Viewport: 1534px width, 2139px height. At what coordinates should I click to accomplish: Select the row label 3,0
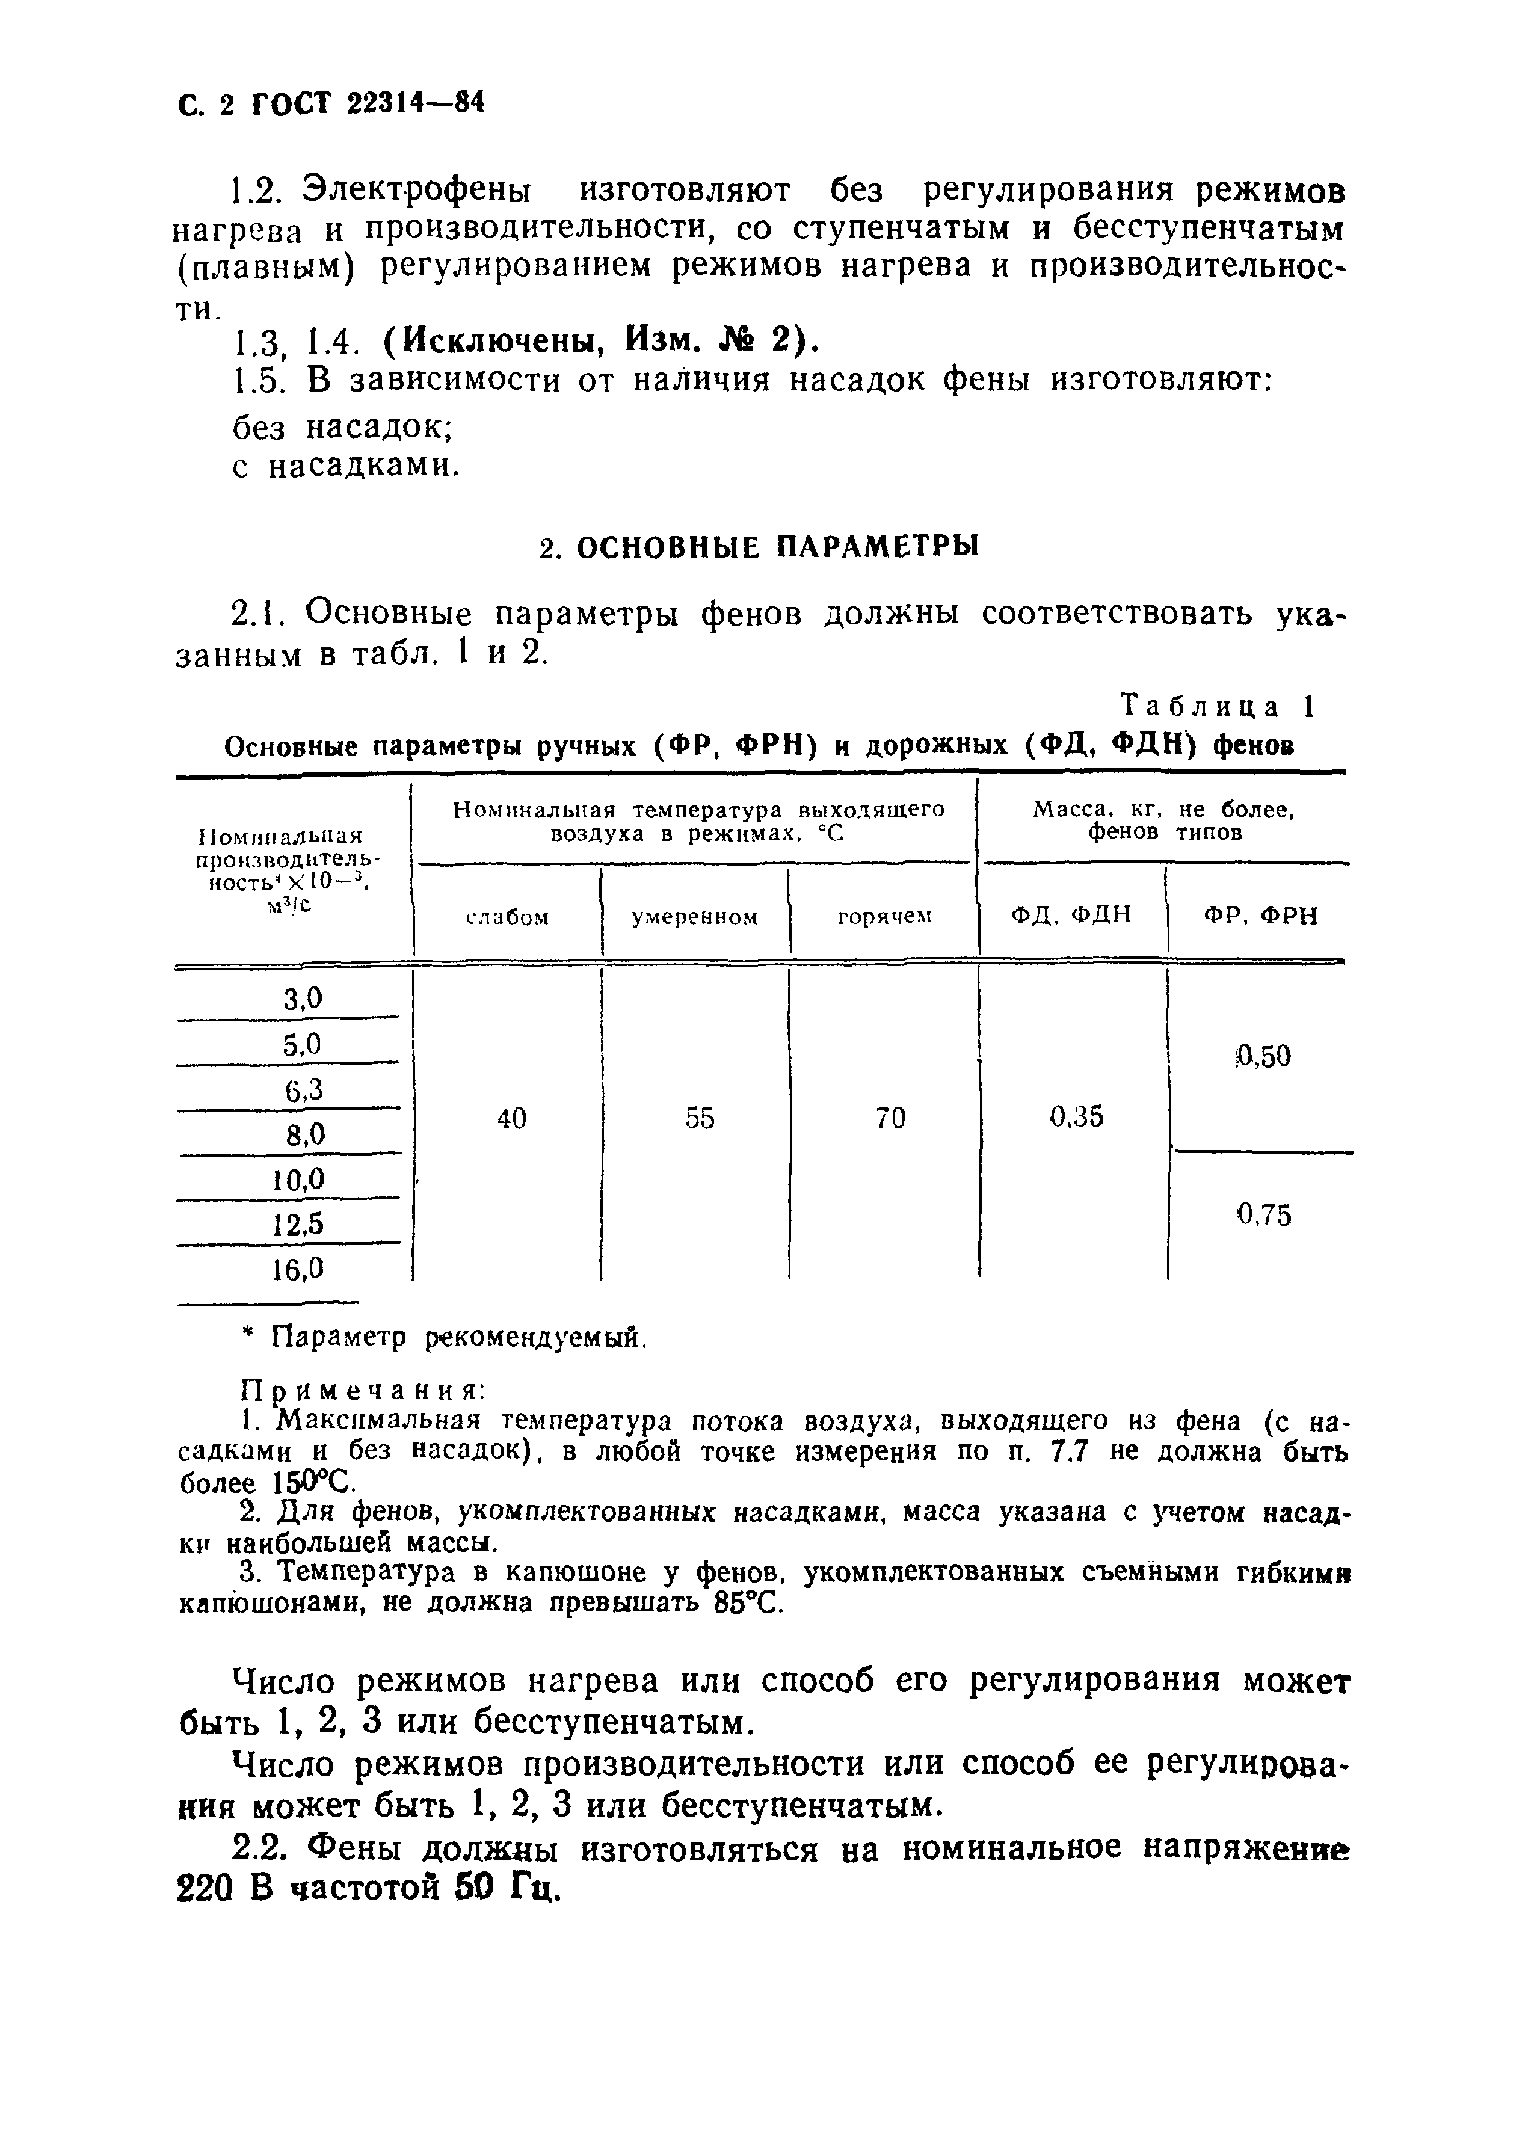click(303, 998)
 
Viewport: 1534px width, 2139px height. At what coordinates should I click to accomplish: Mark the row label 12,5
click(298, 1224)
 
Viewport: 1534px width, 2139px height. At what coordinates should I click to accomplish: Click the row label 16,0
click(298, 1269)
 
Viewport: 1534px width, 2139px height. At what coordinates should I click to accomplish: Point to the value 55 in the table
click(700, 1119)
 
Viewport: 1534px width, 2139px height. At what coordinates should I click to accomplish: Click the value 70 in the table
click(890, 1119)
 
